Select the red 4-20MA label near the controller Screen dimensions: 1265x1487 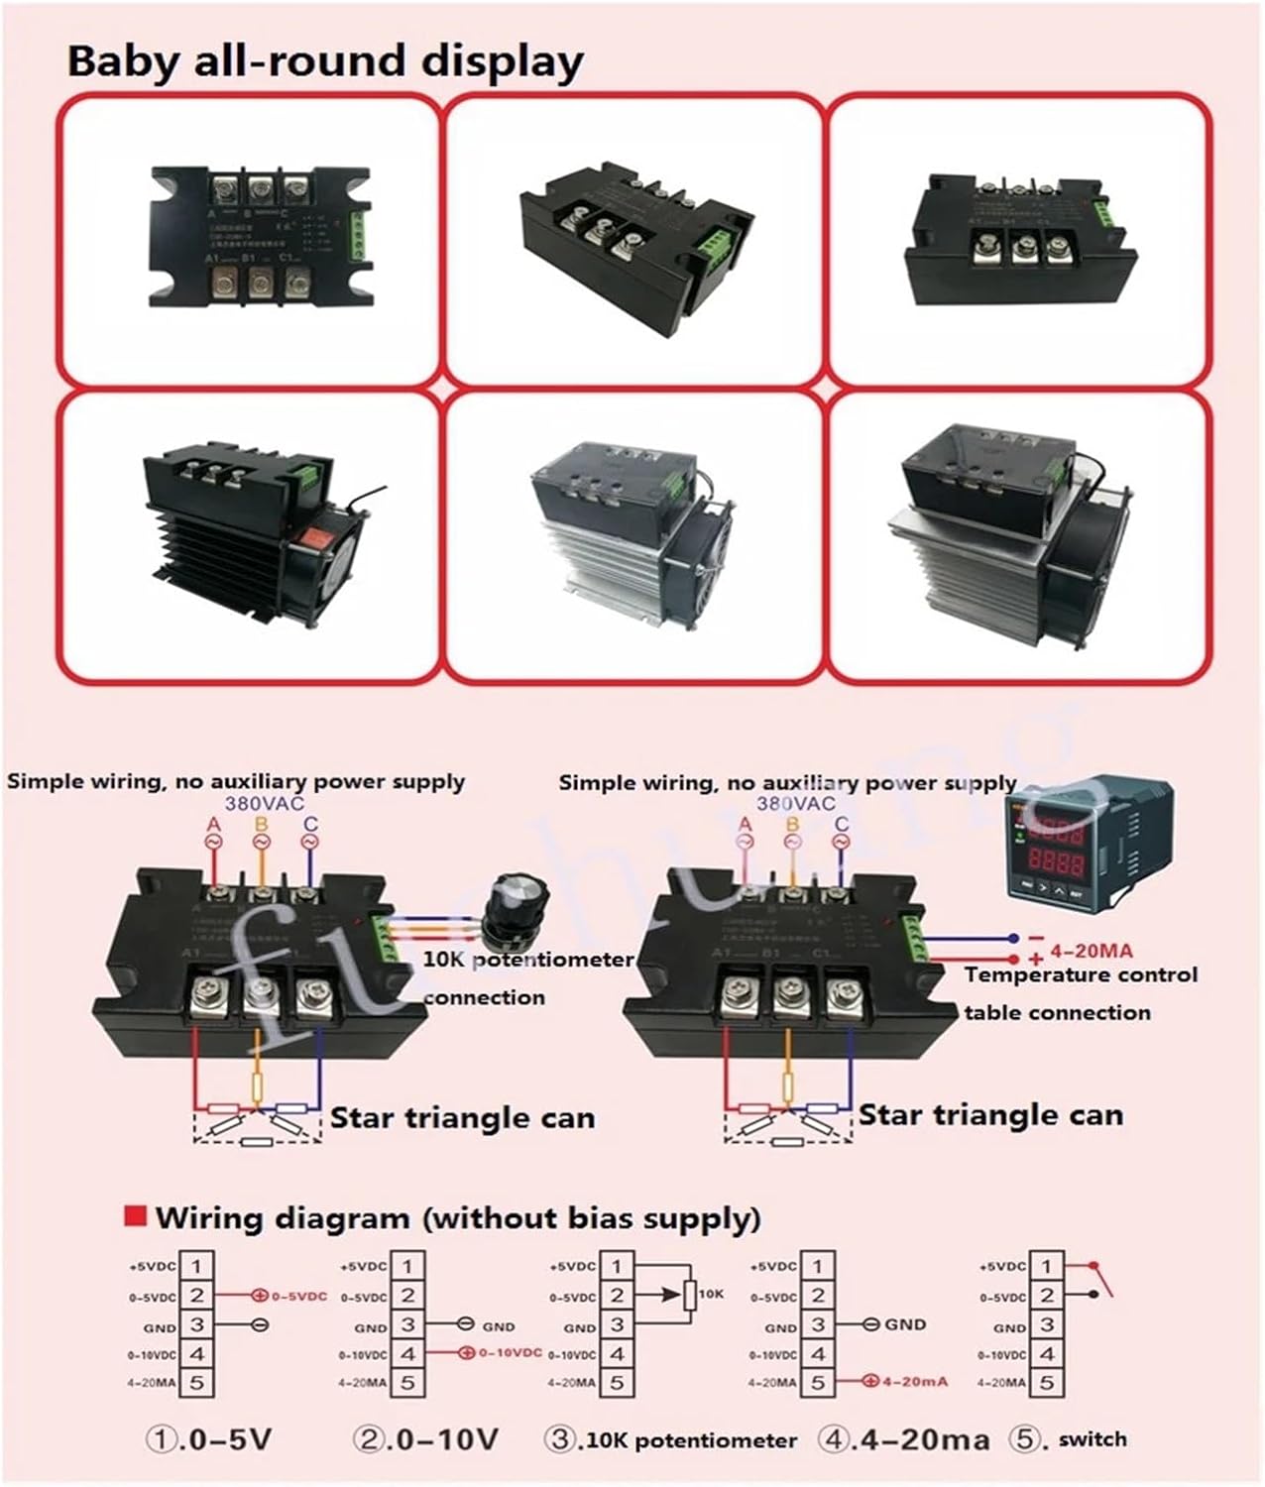[x=1091, y=951]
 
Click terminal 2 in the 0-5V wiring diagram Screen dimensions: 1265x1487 [x=197, y=1295]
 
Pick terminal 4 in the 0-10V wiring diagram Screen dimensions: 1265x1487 [x=406, y=1353]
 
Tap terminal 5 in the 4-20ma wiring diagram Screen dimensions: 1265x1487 [x=818, y=1382]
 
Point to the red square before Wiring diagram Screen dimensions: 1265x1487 [x=135, y=1216]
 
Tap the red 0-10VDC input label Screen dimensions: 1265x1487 [x=510, y=1353]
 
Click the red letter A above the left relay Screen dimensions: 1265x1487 [x=213, y=825]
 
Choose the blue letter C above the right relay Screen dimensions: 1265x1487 [x=842, y=825]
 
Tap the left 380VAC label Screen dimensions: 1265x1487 [x=264, y=804]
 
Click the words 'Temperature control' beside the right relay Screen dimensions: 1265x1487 [x=1081, y=974]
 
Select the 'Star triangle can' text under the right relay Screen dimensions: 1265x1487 [x=990, y=1114]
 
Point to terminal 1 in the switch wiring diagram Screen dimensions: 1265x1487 [x=1047, y=1265]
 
